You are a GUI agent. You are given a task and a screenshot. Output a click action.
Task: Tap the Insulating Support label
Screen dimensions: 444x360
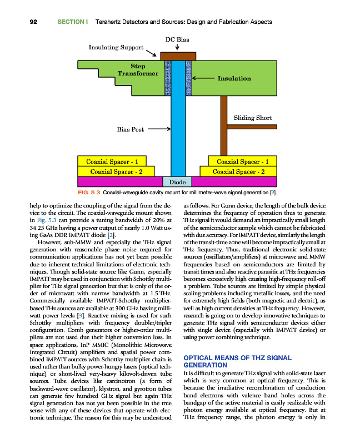116,47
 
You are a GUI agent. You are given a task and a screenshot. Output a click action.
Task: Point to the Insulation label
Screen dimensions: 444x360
234,79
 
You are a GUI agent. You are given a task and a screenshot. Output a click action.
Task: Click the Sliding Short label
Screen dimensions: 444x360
253,118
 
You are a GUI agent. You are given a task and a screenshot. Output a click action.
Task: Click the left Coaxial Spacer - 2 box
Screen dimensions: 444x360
117,171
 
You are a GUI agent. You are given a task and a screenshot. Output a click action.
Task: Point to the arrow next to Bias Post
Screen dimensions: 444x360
158,129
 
